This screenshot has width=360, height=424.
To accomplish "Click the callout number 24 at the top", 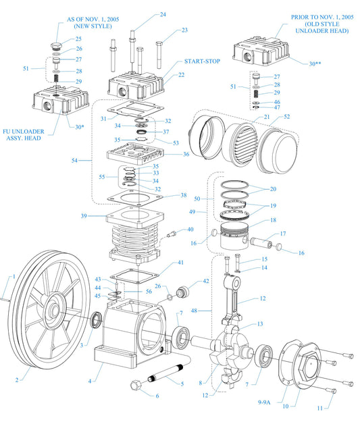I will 163,14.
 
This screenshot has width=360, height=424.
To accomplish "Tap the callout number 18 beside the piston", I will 273,220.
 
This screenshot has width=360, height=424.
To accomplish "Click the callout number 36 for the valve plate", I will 186,154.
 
